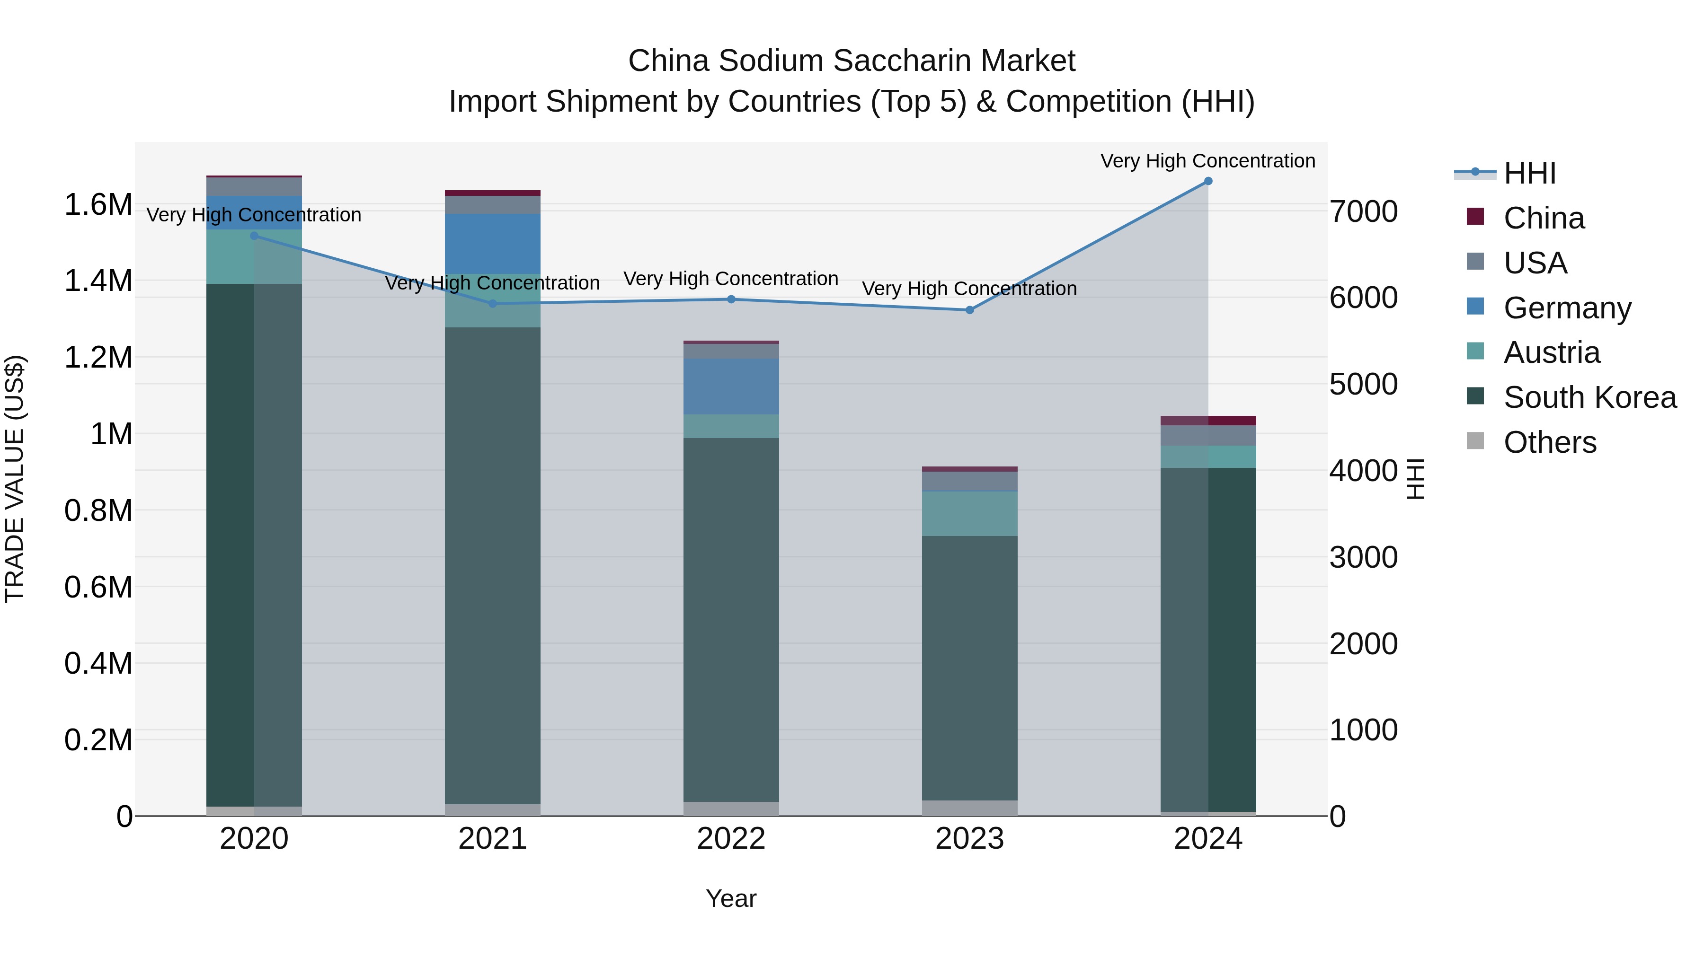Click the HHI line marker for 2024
[x=1208, y=181]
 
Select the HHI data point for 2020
[x=254, y=236]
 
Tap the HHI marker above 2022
[x=731, y=299]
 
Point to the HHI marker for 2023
[x=970, y=310]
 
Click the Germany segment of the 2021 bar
[x=492, y=243]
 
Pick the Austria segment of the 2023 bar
[x=970, y=514]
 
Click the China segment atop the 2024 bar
[x=1208, y=421]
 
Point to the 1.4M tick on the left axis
[x=98, y=281]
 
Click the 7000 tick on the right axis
[x=1364, y=212]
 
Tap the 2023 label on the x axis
[x=970, y=839]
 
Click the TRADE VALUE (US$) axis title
[x=15, y=479]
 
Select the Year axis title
[x=731, y=898]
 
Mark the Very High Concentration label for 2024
[x=1208, y=161]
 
